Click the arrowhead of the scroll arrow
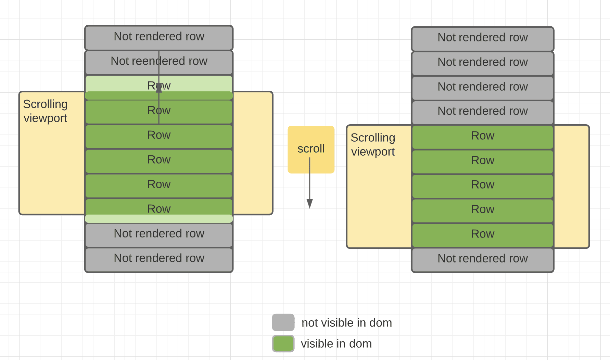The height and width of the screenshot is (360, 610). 310,204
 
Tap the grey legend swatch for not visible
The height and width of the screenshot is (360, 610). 283,322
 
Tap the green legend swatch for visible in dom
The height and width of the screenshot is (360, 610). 283,344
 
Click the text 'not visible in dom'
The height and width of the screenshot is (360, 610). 346,323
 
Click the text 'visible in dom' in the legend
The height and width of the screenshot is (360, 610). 336,344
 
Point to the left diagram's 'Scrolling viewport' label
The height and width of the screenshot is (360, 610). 45,111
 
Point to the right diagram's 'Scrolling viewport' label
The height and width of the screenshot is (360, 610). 373,144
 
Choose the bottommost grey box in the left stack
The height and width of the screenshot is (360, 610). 159,259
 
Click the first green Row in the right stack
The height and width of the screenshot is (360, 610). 482,137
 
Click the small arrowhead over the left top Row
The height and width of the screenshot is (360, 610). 159,88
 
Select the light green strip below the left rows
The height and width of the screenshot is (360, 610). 159,219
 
